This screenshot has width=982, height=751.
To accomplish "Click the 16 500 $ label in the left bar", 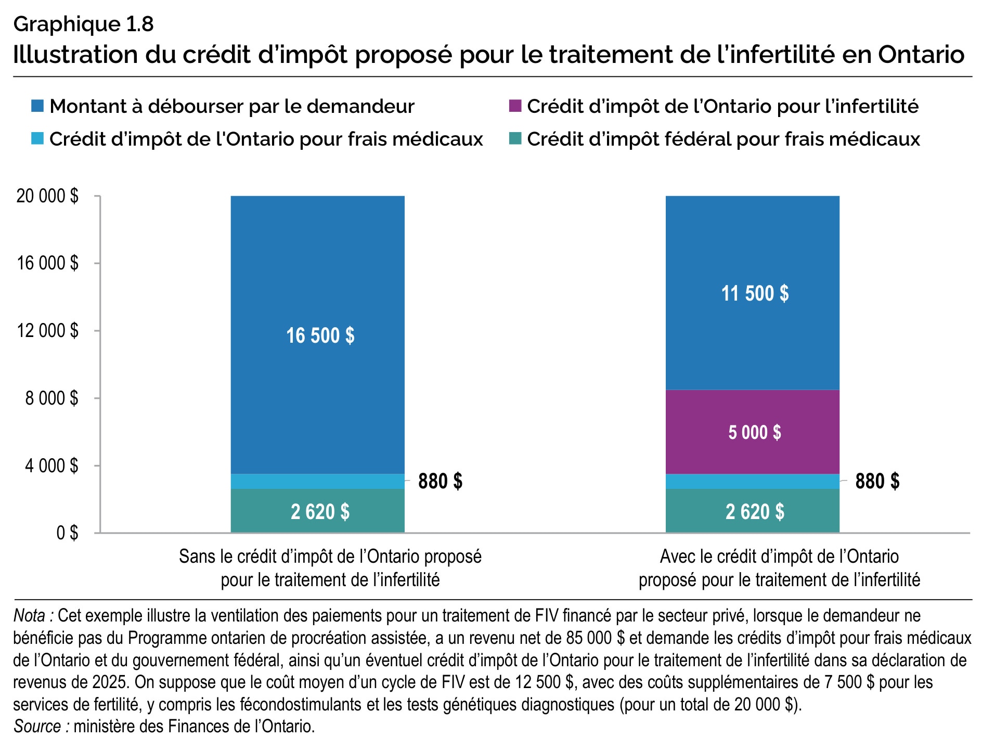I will (320, 335).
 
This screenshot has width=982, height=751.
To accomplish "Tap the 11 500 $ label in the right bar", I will (754, 293).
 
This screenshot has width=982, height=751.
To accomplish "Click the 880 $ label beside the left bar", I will (440, 481).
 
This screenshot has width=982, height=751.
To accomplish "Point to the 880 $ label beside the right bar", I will (877, 481).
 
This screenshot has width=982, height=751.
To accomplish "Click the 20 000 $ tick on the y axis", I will (47, 196).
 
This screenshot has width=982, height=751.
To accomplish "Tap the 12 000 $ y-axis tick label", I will (47, 331).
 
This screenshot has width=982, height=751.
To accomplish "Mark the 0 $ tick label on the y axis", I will (67, 533).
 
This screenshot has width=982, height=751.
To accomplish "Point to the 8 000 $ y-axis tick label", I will (51, 398).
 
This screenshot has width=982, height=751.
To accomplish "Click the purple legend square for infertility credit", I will (514, 106).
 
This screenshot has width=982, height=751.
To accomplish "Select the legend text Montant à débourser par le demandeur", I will (231, 106).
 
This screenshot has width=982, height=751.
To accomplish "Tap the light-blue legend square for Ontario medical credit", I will (37, 139).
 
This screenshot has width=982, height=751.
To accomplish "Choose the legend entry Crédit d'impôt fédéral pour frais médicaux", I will (723, 139).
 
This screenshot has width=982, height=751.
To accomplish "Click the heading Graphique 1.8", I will (83, 24).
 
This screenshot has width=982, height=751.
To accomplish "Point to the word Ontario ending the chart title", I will (921, 54).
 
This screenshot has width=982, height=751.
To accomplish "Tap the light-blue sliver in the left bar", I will (317, 481).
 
